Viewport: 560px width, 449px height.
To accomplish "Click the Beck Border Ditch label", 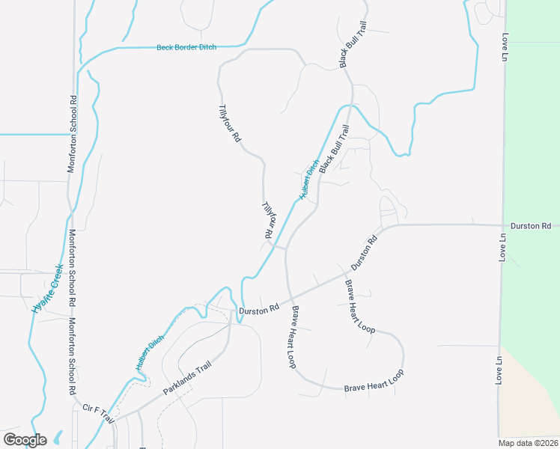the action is (x=186, y=47).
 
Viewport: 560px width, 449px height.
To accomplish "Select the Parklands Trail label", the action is (x=188, y=379).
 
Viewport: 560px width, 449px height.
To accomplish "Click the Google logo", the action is (x=25, y=439).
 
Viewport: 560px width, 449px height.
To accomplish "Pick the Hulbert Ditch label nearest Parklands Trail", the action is (x=150, y=352).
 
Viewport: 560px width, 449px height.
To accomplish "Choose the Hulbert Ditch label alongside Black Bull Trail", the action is (x=310, y=180).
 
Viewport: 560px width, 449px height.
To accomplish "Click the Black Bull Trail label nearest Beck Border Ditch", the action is (x=352, y=44).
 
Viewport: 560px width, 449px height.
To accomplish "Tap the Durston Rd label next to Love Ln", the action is (x=531, y=225).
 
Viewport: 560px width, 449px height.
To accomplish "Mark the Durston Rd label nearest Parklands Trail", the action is (x=258, y=308).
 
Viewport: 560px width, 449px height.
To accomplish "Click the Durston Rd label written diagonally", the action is (x=363, y=253).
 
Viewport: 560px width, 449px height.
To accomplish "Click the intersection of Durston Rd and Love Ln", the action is (x=502, y=224).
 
